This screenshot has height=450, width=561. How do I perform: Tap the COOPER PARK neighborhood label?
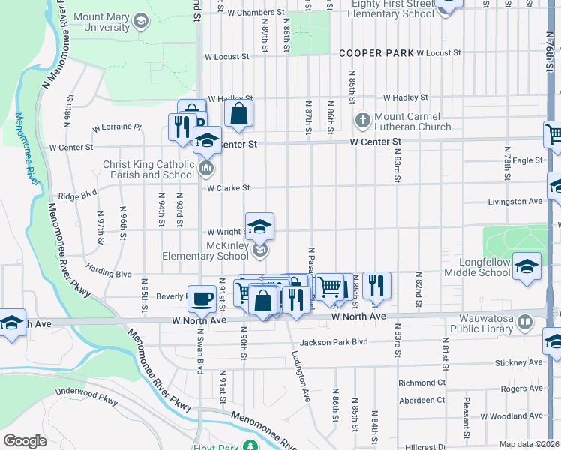376,53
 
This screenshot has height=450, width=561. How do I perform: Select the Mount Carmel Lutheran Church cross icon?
363,120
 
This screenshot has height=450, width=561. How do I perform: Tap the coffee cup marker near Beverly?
201,298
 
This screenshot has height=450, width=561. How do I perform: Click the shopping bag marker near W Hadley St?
238,115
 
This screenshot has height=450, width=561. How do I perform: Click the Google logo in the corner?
25,441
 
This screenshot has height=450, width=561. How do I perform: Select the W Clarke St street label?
228,188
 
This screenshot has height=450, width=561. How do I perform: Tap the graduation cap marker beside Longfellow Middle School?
526,266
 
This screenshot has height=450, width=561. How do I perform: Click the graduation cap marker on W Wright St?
259,226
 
